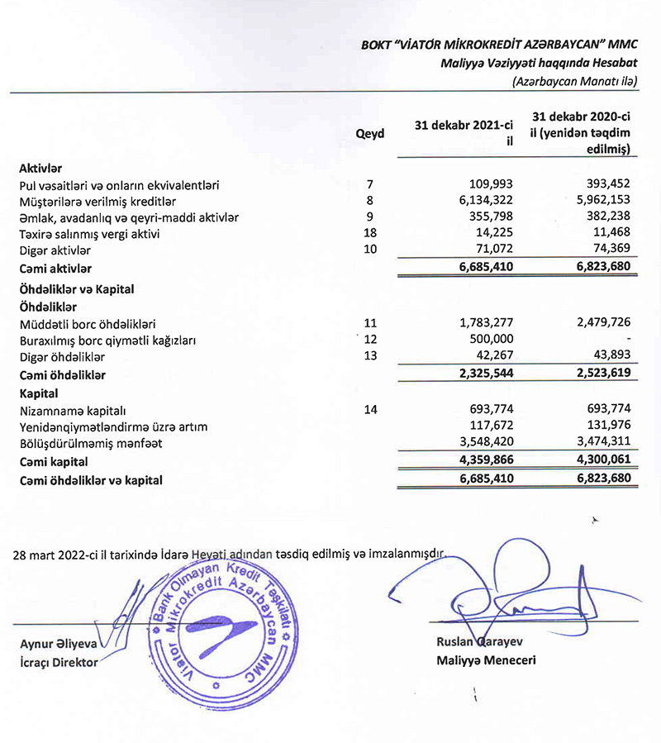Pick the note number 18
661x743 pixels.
tap(369, 234)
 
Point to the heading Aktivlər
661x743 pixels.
tap(40, 168)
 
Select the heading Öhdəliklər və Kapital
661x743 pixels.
tap(76, 289)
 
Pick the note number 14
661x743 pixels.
tap(369, 409)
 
